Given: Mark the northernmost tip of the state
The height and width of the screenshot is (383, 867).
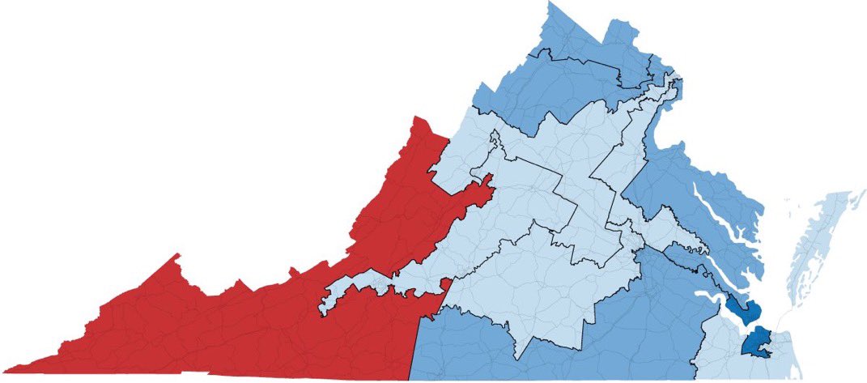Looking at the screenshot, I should pos(550,2).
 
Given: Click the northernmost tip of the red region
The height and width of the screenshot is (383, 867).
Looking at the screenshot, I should pos(418,117).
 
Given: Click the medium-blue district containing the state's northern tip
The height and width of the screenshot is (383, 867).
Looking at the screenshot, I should pos(567,73).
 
